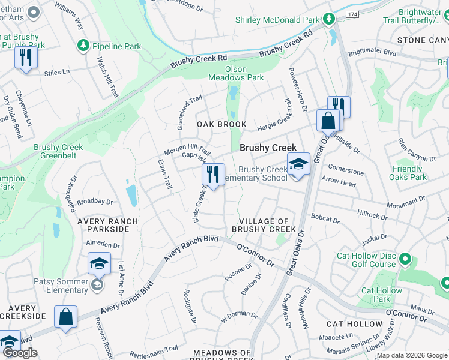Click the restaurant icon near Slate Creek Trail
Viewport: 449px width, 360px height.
[212, 175]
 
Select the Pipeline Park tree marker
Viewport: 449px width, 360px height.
[83, 46]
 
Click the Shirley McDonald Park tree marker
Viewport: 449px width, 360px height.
[328, 20]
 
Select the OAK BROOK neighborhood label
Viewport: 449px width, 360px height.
[222, 124]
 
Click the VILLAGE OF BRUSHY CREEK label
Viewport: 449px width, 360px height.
[264, 226]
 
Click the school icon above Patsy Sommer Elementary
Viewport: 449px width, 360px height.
[99, 263]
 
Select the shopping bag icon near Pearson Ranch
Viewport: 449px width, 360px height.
[65, 316]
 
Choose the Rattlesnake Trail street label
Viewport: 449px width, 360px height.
[154, 348]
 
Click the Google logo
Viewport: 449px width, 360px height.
[20, 353]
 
